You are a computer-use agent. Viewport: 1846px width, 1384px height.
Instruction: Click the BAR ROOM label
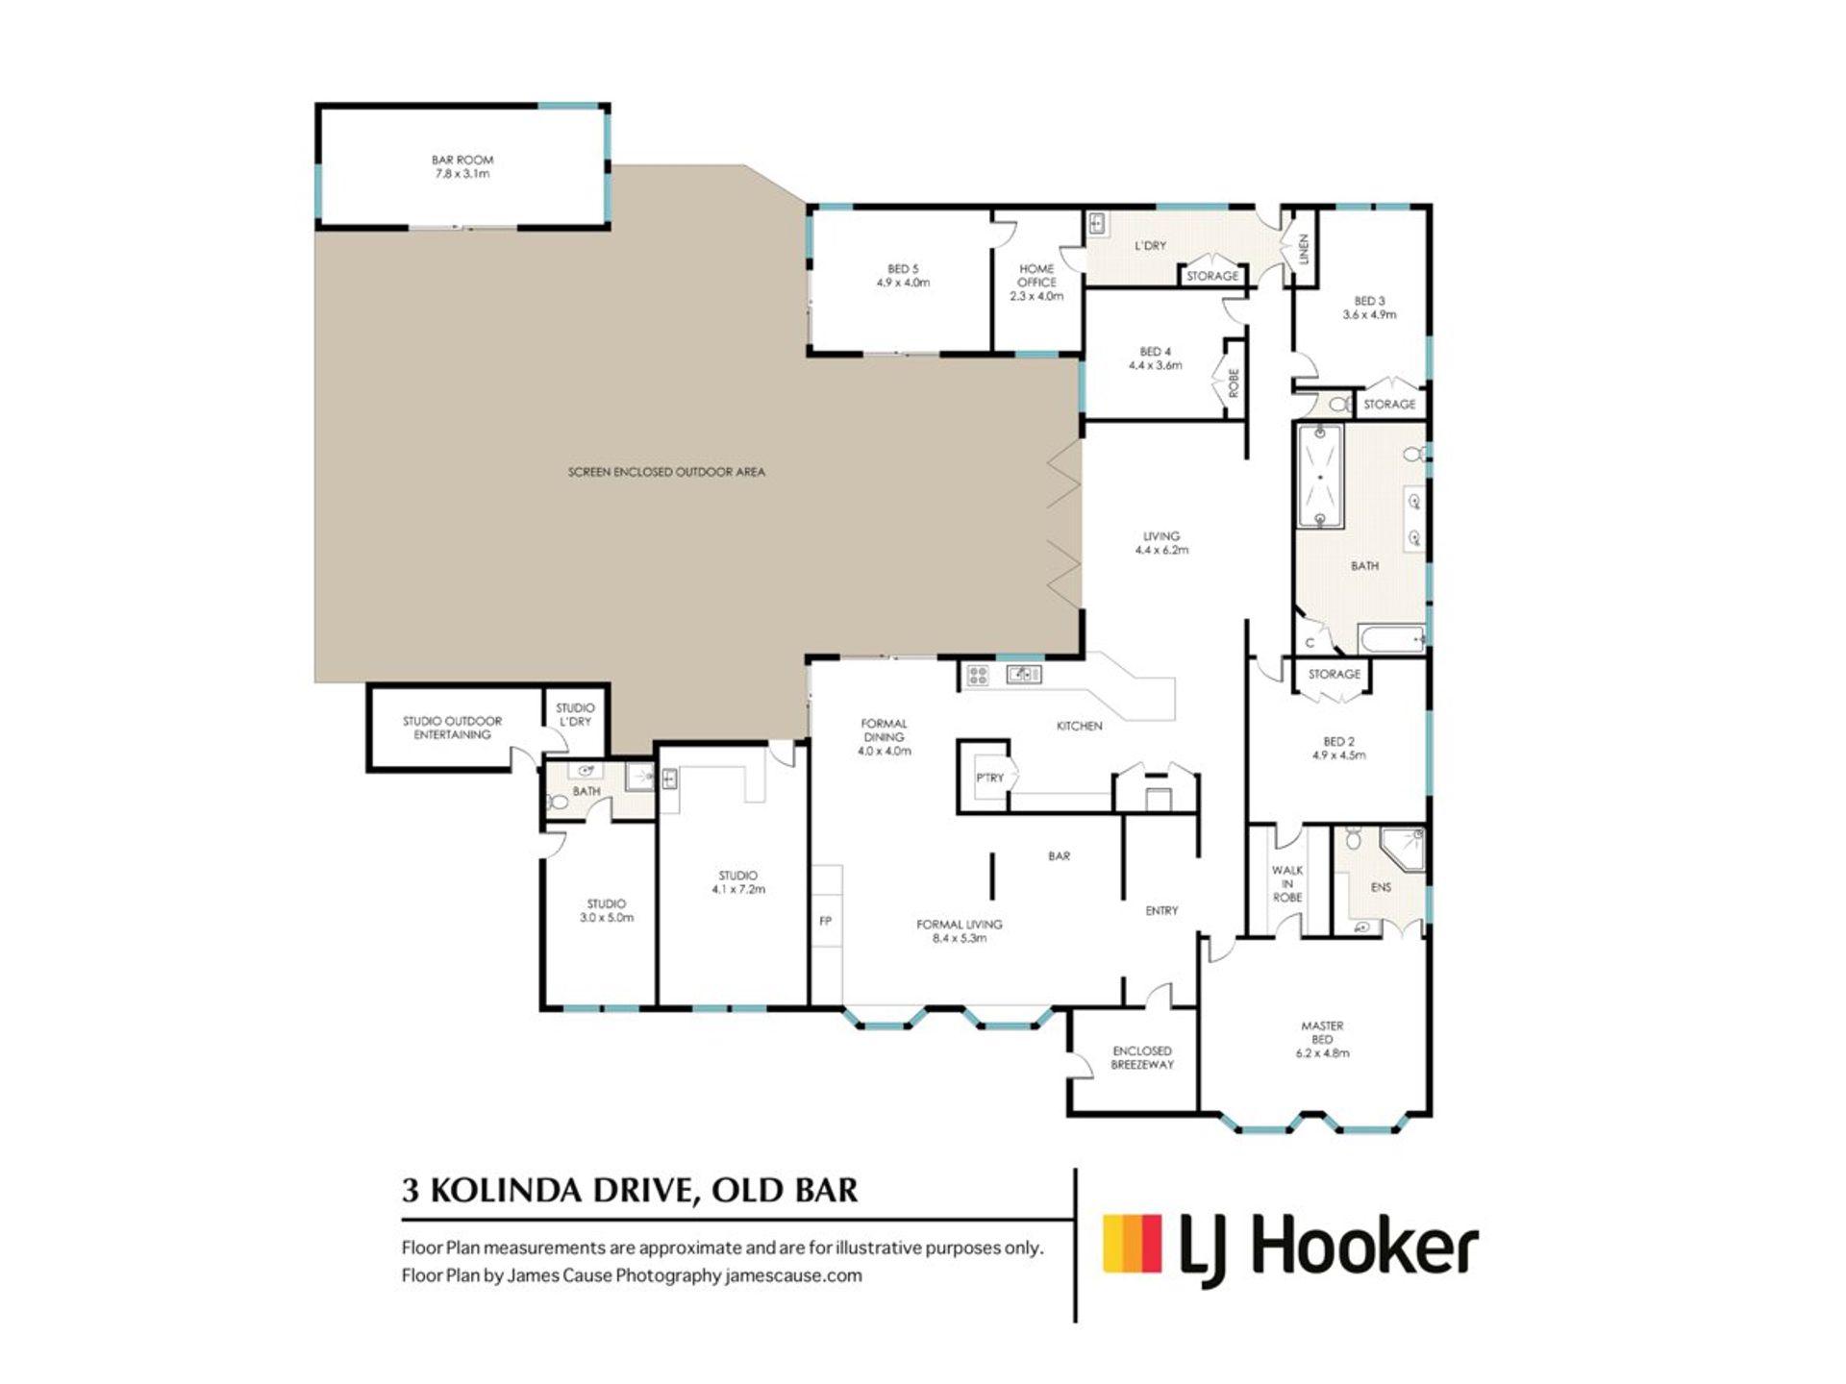pos(461,167)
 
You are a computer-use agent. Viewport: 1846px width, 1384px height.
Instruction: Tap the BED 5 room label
pos(903,276)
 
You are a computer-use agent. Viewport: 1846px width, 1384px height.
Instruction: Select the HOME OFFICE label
pos(1036,283)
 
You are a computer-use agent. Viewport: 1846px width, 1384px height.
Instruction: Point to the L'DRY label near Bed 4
pos(1150,246)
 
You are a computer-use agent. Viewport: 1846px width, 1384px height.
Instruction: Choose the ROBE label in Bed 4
pos(1235,383)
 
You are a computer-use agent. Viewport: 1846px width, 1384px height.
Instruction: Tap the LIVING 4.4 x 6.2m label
pos(1161,543)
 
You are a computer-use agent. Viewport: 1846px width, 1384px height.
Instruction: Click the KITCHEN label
pos(1079,726)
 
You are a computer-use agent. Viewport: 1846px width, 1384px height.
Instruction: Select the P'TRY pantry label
pos(989,778)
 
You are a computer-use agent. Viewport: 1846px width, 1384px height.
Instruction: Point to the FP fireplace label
pos(825,921)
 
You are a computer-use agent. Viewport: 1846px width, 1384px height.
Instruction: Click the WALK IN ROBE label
pos(1287,883)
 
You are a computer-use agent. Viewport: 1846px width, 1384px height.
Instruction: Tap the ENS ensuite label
pos(1381,887)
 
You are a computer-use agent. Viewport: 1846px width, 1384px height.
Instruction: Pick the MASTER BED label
pos(1322,1039)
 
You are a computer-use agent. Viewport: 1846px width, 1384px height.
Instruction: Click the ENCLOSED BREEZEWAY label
pos(1142,1057)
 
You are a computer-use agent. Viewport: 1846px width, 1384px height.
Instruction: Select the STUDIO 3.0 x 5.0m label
pos(607,910)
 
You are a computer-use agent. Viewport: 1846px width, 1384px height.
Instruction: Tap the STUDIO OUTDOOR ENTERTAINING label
pos(452,728)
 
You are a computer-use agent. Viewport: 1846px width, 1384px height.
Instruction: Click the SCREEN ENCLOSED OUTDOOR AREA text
pos(666,472)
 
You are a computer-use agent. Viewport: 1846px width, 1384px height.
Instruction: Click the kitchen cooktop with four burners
pos(978,675)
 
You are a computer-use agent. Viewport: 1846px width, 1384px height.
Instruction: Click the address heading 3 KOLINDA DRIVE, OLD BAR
pos(630,1190)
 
